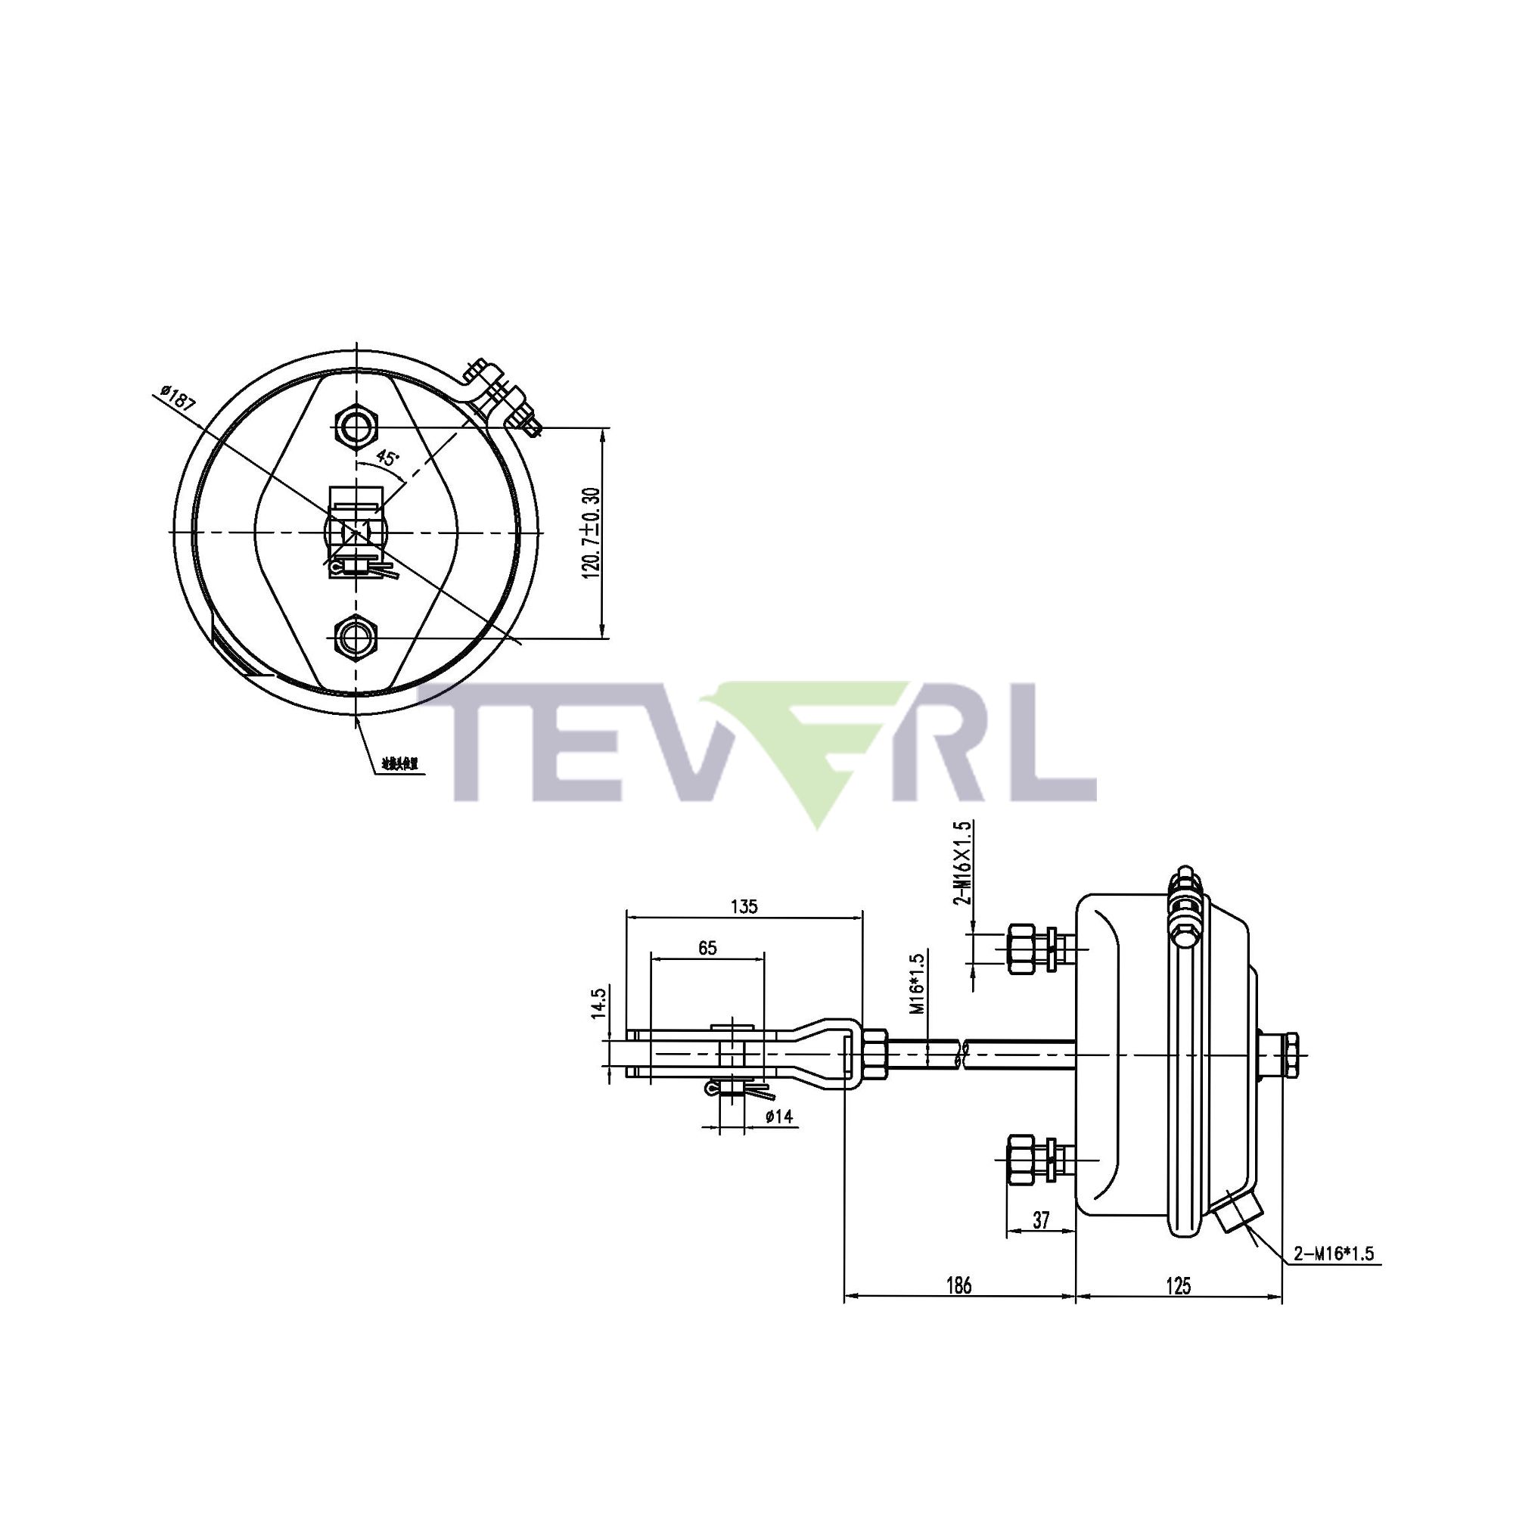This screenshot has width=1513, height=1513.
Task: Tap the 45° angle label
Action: point(387,458)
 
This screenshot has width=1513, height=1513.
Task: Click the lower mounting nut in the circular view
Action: point(356,637)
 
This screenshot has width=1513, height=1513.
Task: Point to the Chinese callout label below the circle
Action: point(400,762)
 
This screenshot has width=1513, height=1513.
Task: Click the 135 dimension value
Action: point(744,907)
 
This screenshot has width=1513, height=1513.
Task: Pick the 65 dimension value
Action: point(707,949)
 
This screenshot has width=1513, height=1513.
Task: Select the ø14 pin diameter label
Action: point(779,1117)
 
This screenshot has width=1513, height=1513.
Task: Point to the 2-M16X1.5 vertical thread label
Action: point(963,862)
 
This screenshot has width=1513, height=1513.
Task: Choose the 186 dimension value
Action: point(958,1286)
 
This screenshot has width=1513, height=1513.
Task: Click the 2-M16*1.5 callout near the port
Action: point(1334,1254)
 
